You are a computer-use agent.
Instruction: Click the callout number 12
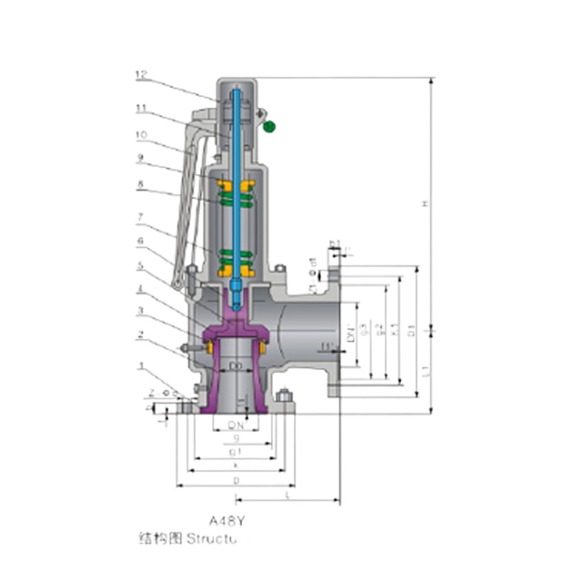point(140,73)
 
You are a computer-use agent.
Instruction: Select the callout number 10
point(140,134)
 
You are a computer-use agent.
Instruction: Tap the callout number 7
point(140,215)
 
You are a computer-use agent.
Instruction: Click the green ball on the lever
point(269,127)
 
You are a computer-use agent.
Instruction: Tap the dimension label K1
point(394,330)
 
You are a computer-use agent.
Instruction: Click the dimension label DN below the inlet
point(235,425)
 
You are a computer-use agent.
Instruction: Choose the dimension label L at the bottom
point(288,496)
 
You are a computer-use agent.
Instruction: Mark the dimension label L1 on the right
point(426,370)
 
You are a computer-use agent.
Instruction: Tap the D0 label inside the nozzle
point(235,366)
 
